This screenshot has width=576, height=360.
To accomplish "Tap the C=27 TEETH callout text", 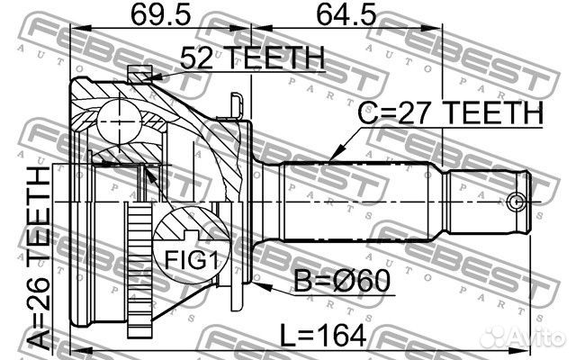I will click(x=451, y=114).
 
